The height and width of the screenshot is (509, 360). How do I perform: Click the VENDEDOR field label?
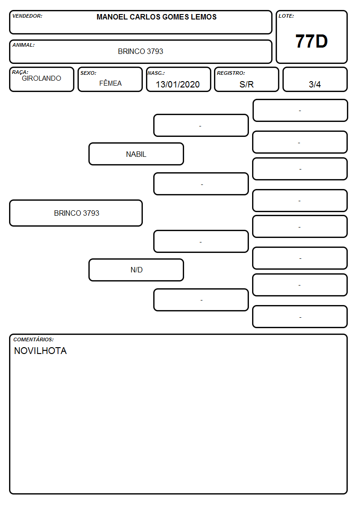27,16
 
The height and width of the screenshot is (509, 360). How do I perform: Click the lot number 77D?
311,41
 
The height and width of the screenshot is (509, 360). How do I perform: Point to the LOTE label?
286,16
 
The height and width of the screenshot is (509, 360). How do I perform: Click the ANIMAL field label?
24,45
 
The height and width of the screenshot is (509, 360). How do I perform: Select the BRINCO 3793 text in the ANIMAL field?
141,51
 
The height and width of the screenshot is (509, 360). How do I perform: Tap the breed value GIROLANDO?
41,78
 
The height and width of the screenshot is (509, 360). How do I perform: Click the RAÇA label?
20,72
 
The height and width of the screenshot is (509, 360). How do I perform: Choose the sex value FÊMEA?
110,83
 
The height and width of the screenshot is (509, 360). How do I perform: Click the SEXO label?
88,73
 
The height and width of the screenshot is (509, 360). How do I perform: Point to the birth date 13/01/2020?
178,84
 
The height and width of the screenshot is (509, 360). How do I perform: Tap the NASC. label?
156,73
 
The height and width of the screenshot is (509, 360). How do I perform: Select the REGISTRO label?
231,73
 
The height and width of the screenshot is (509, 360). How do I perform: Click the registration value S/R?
246,84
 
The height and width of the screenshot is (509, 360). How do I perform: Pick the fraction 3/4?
315,84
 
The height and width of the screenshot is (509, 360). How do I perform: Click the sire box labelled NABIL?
136,154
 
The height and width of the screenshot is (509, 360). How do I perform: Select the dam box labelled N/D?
136,270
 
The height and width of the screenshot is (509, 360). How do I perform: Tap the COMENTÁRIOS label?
34,339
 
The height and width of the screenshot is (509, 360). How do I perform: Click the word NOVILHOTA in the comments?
40,351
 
